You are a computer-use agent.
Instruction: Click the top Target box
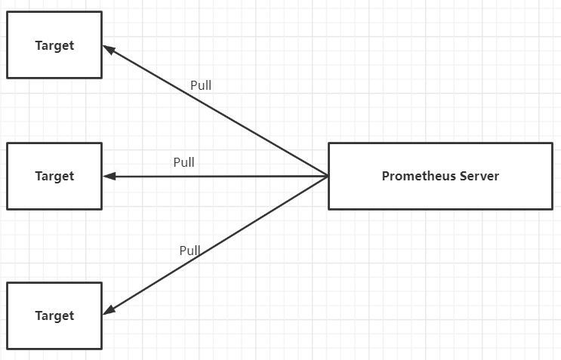click(54, 45)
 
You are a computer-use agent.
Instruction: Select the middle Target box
click(54, 176)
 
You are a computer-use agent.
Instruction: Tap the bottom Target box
click(54, 315)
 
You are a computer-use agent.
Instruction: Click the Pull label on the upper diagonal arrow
click(201, 85)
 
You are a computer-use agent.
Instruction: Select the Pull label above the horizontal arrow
click(183, 162)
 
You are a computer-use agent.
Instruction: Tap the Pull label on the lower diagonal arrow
click(190, 251)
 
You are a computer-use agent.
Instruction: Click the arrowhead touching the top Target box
click(107, 49)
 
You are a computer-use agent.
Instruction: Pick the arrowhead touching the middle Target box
click(108, 177)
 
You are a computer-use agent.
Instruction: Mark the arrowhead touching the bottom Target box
click(107, 309)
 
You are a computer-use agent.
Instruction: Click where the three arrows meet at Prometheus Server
click(328, 177)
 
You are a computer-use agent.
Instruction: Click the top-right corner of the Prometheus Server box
click(552, 143)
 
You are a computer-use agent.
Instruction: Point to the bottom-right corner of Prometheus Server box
click(552, 209)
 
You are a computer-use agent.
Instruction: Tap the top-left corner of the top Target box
click(8, 12)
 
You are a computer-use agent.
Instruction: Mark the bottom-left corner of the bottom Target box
click(8, 349)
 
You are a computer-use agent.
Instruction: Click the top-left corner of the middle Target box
click(8, 143)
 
